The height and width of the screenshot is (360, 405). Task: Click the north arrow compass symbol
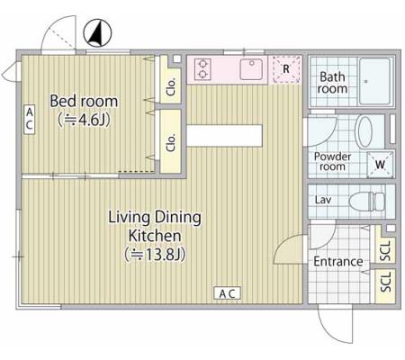point(97,33)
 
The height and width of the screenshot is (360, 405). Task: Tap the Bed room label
point(84,101)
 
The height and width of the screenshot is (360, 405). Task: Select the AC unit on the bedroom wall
point(29,120)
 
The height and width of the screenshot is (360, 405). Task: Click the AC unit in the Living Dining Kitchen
point(227,293)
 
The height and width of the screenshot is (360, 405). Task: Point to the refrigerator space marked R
point(286,69)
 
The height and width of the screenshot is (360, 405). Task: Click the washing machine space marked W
point(380,165)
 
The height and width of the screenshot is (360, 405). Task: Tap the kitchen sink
point(251,69)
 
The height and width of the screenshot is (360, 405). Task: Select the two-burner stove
point(202,69)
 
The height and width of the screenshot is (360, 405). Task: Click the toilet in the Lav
point(367,201)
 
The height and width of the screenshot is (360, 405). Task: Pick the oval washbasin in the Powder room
point(364,131)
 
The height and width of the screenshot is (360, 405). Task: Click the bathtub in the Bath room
point(375,81)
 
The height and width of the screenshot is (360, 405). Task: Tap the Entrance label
point(338,262)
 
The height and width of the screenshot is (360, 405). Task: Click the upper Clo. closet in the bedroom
point(170,79)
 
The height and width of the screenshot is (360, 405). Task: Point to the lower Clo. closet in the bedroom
point(170,141)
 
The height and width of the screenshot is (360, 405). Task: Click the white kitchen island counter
point(224,136)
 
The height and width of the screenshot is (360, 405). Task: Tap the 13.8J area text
point(155,255)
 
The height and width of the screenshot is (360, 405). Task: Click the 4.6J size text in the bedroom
point(84,120)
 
